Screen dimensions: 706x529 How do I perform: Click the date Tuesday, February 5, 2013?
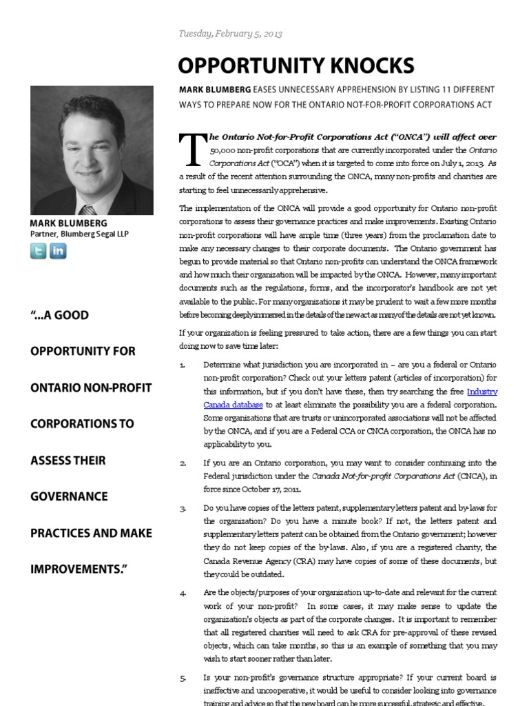[x=230, y=34]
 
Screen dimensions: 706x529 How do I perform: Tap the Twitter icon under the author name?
[x=39, y=251]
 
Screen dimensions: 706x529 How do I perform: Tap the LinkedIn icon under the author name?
[x=59, y=251]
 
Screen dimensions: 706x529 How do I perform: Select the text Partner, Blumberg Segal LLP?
[x=79, y=234]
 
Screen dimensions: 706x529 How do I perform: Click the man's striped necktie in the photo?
[x=87, y=210]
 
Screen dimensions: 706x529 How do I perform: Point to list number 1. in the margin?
[x=182, y=365]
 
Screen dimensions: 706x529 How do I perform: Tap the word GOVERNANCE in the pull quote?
[x=69, y=496]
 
